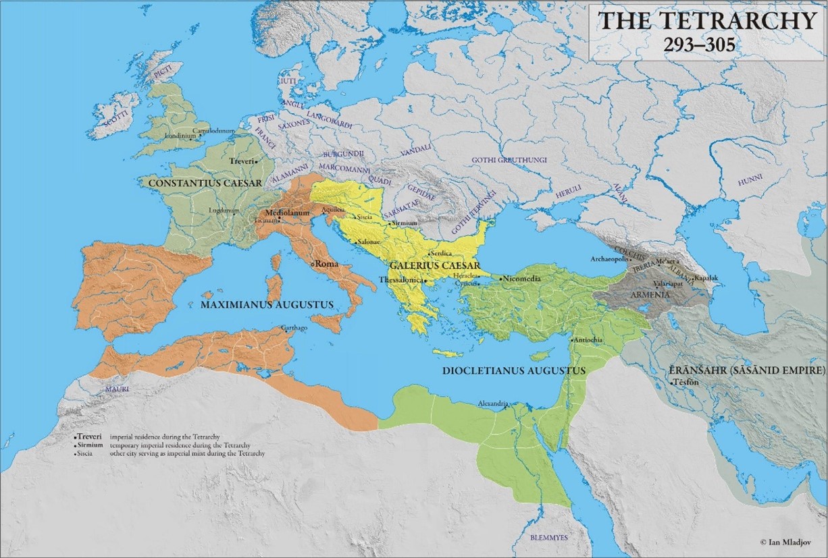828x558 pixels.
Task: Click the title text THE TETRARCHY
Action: pos(708,20)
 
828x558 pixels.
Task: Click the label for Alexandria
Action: pos(492,403)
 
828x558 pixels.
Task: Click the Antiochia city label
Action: pos(590,340)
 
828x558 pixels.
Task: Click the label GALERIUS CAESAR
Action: pos(434,265)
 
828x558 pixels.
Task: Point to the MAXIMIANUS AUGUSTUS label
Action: pos(267,305)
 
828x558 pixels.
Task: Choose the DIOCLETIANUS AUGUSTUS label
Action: pos(513,370)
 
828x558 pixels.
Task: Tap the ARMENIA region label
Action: pos(650,295)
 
